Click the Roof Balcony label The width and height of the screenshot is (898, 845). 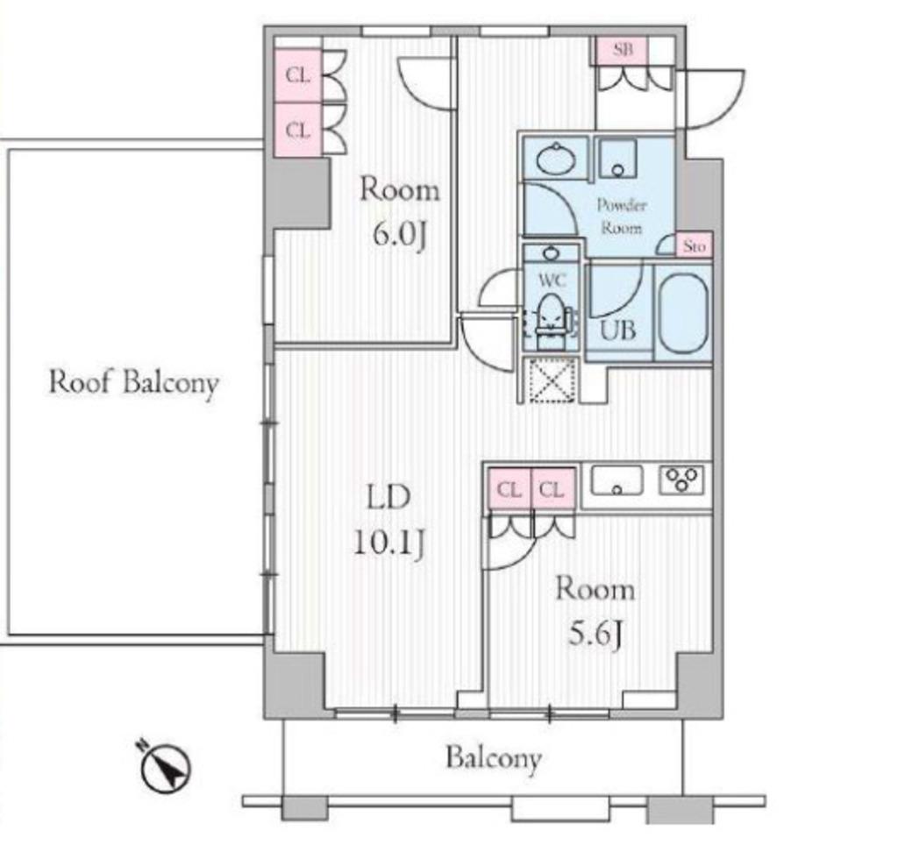[134, 382]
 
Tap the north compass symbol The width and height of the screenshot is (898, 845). [166, 768]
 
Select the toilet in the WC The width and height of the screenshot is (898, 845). [551, 321]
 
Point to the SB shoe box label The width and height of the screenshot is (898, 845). [624, 50]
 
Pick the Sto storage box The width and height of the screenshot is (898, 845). [695, 246]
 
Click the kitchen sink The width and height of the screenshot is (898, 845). [616, 480]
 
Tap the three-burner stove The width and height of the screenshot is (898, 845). [681, 480]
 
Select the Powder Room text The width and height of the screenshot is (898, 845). [622, 217]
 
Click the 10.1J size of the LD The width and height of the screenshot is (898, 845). [389, 542]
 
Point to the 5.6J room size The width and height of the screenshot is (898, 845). [595, 634]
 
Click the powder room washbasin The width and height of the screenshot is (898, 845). [556, 159]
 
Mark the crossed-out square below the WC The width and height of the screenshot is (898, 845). [550, 380]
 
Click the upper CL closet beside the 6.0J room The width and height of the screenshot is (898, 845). [297, 75]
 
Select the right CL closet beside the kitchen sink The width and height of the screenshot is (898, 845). [552, 489]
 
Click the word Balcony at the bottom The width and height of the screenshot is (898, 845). [494, 758]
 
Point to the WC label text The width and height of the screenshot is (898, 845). [552, 280]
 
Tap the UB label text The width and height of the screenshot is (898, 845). [617, 330]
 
